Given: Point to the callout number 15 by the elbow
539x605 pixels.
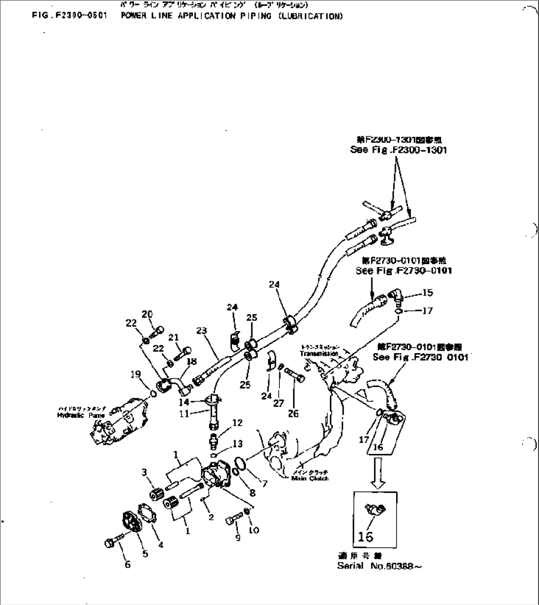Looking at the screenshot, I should [428, 293].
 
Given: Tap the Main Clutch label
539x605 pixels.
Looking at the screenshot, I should [310, 478].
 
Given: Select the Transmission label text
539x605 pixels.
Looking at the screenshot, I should [319, 354].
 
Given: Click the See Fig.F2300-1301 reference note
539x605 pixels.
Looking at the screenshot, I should [398, 150].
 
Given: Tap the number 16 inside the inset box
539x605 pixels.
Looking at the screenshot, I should [365, 536].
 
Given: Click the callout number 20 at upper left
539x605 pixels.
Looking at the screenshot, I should [147, 314].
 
